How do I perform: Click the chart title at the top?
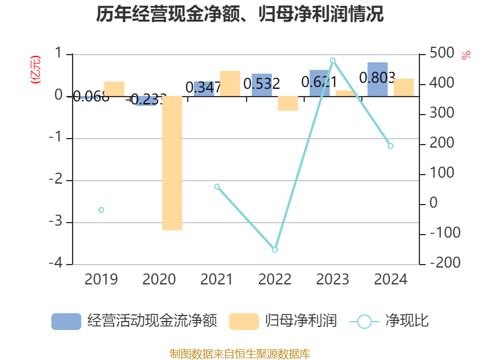pyautogui.click(x=240, y=14)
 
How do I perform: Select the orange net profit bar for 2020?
pyautogui.click(x=172, y=163)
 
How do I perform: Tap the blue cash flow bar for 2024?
pyautogui.click(x=377, y=79)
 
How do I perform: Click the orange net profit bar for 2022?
pyautogui.click(x=288, y=103)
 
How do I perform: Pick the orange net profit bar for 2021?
pyautogui.click(x=230, y=83)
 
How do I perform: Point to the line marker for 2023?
pyautogui.click(x=333, y=60)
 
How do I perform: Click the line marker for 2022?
pyautogui.click(x=275, y=250)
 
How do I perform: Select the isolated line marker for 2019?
pyautogui.click(x=101, y=210)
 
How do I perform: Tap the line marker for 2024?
pyautogui.click(x=391, y=146)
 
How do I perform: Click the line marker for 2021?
pyautogui.click(x=217, y=187)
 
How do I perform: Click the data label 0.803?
pyautogui.click(x=377, y=77)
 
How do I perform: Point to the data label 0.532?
pyautogui.click(x=262, y=84)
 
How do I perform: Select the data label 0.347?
pyautogui.click(x=203, y=88)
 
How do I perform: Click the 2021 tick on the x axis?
pyautogui.click(x=217, y=279)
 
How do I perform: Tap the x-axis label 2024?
pyautogui.click(x=391, y=279)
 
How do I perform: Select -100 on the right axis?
pyautogui.click(x=440, y=233)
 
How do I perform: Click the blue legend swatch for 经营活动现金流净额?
pyautogui.click(x=66, y=321)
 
